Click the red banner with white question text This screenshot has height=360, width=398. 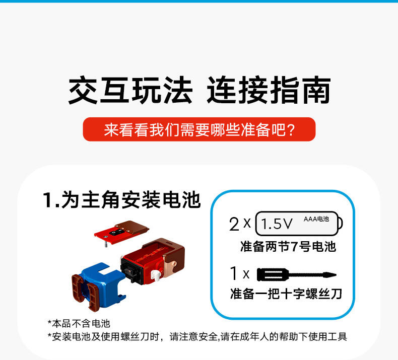[x=199, y=129]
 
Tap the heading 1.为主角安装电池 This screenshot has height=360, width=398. [x=122, y=200]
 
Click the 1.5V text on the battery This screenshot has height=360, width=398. [x=277, y=224]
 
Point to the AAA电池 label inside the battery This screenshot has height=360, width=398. [x=316, y=219]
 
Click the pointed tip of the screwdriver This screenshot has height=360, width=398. [x=336, y=274]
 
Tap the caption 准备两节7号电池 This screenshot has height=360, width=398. [x=288, y=247]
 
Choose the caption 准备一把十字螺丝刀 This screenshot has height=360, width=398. [x=286, y=294]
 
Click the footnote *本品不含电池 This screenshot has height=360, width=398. [x=79, y=323]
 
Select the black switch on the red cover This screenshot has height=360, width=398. [x=116, y=232]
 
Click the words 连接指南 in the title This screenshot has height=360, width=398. [x=269, y=90]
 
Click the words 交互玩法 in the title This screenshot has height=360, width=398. [x=130, y=90]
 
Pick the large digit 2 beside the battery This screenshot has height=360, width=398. [x=234, y=224]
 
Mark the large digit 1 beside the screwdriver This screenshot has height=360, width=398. [x=234, y=273]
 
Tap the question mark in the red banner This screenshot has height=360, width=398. [x=291, y=130]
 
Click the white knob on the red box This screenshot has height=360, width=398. [x=155, y=275]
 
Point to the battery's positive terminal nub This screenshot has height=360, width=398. [x=340, y=224]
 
